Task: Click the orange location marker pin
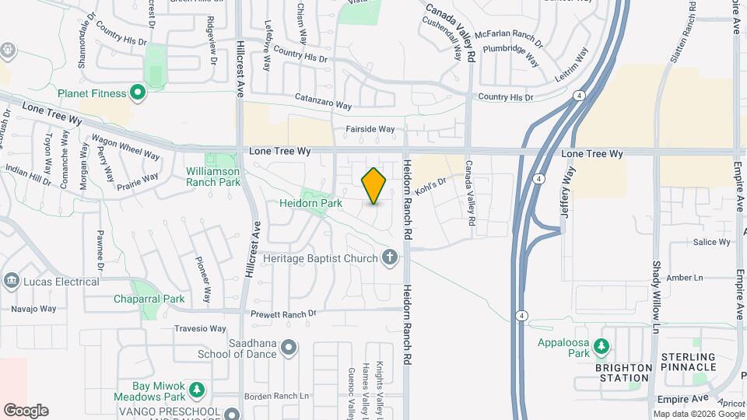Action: [373, 186]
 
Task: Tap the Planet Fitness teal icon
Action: [138, 94]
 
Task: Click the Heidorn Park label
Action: [311, 203]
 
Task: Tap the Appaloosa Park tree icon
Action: [601, 345]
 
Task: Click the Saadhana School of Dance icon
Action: [289, 347]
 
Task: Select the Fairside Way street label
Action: [370, 129]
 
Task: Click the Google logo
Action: [26, 411]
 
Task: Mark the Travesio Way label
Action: [200, 328]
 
